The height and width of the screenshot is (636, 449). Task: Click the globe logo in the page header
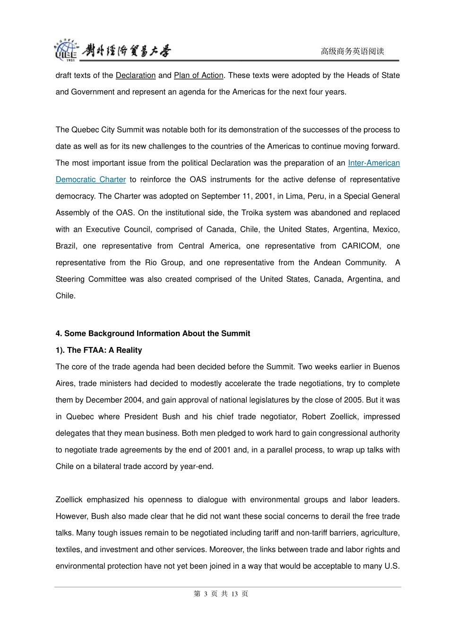[65, 50]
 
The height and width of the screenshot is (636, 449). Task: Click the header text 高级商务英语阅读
[352, 51]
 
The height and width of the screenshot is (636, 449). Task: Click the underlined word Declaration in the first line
[136, 75]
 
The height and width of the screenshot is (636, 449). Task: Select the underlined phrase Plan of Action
[199, 75]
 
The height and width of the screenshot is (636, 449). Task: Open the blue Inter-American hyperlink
[373, 163]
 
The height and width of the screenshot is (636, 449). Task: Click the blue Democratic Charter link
[91, 179]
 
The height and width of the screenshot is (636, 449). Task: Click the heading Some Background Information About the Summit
[157, 333]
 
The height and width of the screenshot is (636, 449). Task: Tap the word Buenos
[386, 366]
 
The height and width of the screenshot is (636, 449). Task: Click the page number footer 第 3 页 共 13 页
[221, 593]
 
